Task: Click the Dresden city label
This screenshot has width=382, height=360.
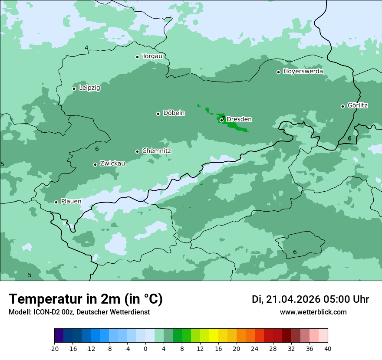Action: pyautogui.click(x=239, y=119)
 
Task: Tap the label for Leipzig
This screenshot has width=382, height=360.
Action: pyautogui.click(x=89, y=88)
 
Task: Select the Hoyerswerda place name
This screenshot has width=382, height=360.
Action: pyautogui.click(x=303, y=72)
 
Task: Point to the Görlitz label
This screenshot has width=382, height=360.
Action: pyautogui.click(x=358, y=105)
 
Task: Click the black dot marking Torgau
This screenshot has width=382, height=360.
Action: pyautogui.click(x=137, y=57)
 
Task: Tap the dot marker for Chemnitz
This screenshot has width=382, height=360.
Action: pyautogui.click(x=137, y=151)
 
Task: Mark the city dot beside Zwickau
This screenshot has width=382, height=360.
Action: pyautogui.click(x=95, y=164)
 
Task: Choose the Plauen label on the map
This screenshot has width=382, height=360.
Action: pyautogui.click(x=71, y=202)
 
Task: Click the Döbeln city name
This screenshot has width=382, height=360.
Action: pyautogui.click(x=174, y=113)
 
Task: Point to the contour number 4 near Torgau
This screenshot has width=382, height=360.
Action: pyautogui.click(x=86, y=48)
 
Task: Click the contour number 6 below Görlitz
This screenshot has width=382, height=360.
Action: pyautogui.click(x=349, y=139)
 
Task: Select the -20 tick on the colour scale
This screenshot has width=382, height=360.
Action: pyautogui.click(x=54, y=349)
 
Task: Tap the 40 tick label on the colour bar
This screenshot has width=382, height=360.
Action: pyautogui.click(x=328, y=349)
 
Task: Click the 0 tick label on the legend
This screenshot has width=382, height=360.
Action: pyautogui.click(x=145, y=349)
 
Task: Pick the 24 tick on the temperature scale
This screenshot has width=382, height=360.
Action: pyautogui.click(x=255, y=349)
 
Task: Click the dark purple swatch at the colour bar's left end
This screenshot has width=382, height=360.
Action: pyautogui.click(x=59, y=336)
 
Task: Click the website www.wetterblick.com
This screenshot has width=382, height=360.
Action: pyautogui.click(x=313, y=312)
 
